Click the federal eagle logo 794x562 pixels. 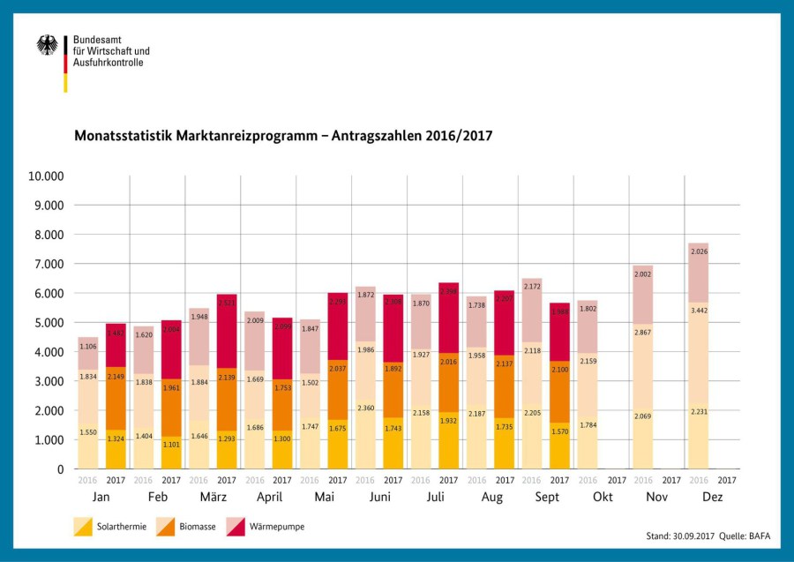[47, 46]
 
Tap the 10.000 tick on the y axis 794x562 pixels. [46, 176]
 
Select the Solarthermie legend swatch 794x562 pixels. [83, 528]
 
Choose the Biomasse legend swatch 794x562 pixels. [166, 528]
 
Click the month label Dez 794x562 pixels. [713, 498]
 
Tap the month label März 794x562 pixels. [213, 498]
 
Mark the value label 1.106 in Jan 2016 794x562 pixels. [88, 347]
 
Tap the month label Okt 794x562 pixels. [603, 498]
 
